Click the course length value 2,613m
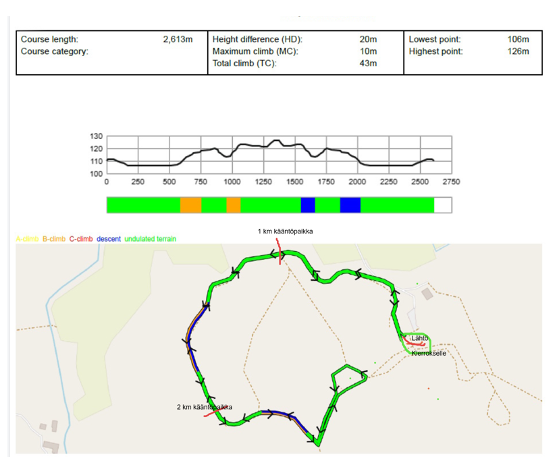(178, 40)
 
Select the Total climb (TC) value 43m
(368, 63)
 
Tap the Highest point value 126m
(518, 51)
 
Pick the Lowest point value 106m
(518, 40)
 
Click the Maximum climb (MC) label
(255, 51)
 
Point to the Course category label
(55, 51)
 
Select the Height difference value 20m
(368, 40)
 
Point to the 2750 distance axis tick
(450, 182)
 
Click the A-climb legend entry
(28, 239)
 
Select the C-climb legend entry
(81, 239)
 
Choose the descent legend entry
(109, 239)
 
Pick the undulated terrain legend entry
(151, 239)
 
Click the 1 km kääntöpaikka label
(285, 231)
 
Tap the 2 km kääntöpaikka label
(205, 407)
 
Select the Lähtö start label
(420, 338)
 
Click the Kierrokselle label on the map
(429, 352)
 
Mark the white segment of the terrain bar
(443, 205)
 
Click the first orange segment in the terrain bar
(190, 205)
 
